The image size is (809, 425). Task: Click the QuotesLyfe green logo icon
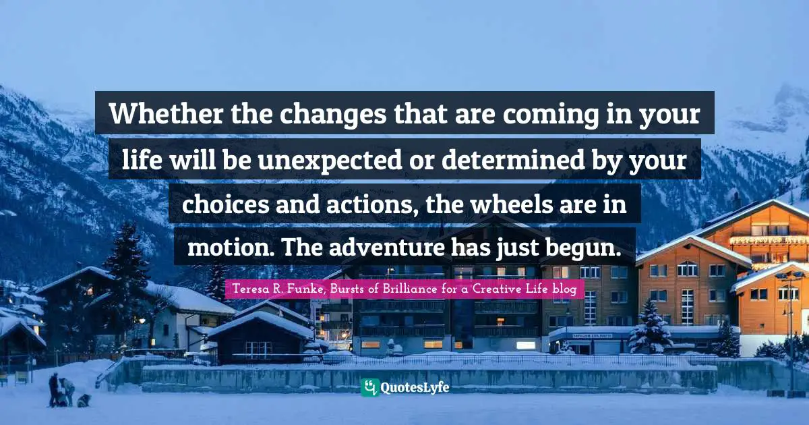[369, 387]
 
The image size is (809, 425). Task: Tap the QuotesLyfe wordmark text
[415, 388]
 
